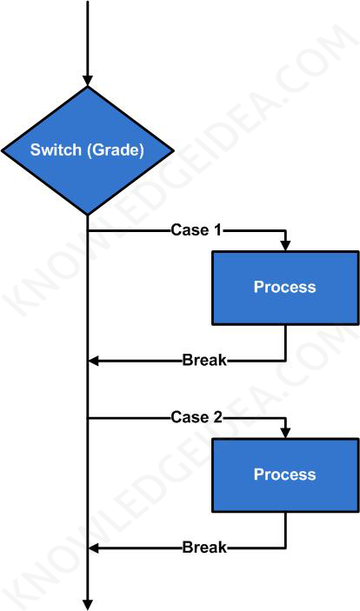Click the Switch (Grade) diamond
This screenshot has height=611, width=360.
click(88, 149)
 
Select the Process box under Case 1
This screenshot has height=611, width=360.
click(284, 288)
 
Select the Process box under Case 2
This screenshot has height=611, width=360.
click(284, 475)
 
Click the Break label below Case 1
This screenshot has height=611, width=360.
click(204, 360)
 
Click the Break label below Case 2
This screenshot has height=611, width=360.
click(204, 547)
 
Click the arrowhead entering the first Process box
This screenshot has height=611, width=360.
click(285, 245)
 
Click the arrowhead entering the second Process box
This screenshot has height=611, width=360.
click(285, 432)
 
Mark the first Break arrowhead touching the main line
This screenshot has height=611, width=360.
click(95, 360)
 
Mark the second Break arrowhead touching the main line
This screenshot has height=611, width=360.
click(95, 547)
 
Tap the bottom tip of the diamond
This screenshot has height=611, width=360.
click(88, 213)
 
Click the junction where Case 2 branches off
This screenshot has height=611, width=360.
click(88, 418)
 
